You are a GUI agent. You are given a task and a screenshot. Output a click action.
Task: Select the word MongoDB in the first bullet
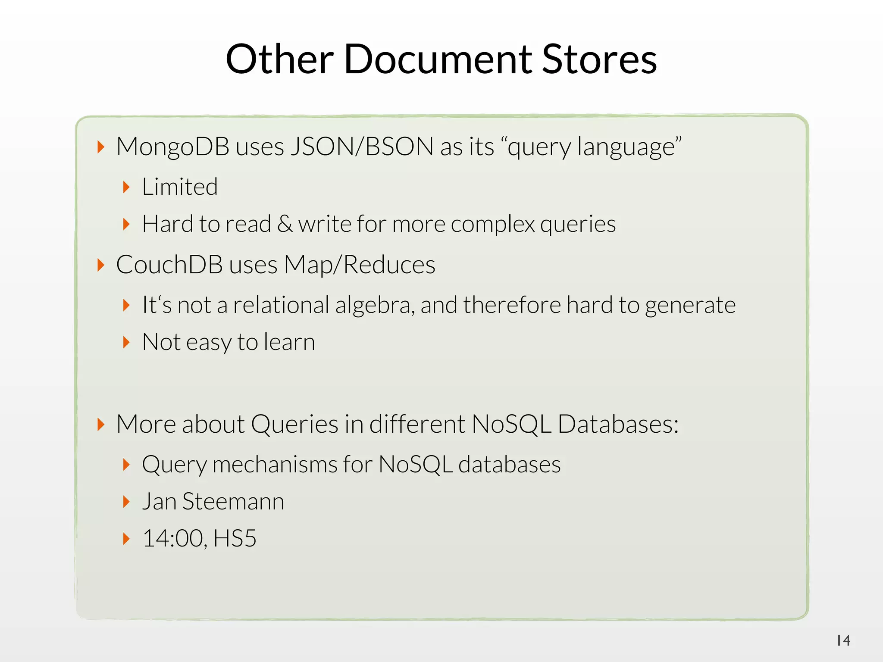pos(172,147)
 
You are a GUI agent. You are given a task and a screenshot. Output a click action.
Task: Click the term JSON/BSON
pos(362,147)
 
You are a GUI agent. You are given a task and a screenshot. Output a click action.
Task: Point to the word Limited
pos(180,187)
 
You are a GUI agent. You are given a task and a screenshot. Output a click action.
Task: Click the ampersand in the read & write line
pos(285,224)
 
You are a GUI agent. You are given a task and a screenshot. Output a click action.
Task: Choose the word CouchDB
pos(169,265)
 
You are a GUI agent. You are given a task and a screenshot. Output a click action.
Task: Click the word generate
pos(690,305)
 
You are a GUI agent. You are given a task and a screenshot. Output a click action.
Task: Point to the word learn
pos(289,342)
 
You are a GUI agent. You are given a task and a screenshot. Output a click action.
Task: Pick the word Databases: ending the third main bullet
pos(618,424)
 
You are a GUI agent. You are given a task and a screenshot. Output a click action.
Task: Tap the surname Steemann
pos(233,502)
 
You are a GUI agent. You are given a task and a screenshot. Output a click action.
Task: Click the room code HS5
pos(235,539)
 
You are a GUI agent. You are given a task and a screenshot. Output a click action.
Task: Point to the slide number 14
pos(843,640)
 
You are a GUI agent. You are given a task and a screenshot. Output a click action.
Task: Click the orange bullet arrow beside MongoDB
pos(101,147)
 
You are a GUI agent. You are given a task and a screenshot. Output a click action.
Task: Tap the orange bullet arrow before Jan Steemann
pos(126,502)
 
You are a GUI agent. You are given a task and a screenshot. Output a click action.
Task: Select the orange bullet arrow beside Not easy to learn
pos(126,342)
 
